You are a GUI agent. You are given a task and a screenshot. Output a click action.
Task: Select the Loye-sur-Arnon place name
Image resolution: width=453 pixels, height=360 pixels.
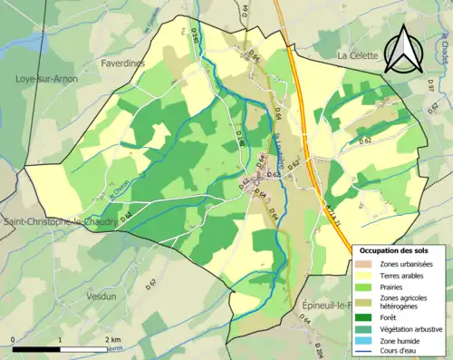coord(46,79)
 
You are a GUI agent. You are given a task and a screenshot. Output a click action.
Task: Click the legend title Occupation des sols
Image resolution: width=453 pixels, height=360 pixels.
coord(401,249)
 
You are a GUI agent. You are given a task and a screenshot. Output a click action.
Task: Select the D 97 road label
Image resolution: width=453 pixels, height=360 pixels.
coord(429,86)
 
